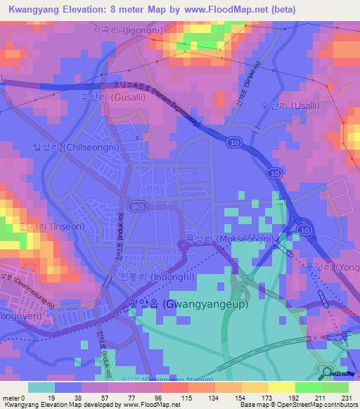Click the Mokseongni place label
point(229,239)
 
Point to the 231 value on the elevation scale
point(346,398)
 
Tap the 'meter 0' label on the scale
point(14,398)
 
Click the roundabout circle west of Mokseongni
point(184,245)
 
